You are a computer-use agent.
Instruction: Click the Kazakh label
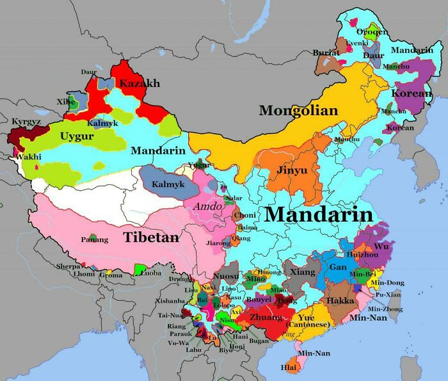(140, 83)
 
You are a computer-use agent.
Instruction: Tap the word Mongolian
(298, 111)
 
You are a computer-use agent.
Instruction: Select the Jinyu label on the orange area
(291, 171)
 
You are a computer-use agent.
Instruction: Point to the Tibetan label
(151, 237)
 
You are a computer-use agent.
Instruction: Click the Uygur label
(77, 136)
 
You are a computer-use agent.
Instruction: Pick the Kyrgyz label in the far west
(26, 122)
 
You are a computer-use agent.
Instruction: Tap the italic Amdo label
(207, 207)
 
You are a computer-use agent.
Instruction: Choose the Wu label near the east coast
(381, 246)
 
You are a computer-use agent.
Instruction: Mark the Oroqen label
(371, 32)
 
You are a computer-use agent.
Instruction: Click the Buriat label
(326, 53)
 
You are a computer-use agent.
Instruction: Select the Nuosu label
(225, 277)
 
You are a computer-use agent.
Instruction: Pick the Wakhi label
(28, 156)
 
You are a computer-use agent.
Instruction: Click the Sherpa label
(68, 266)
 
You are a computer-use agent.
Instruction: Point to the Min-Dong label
(387, 282)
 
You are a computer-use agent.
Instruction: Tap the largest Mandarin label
(318, 214)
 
